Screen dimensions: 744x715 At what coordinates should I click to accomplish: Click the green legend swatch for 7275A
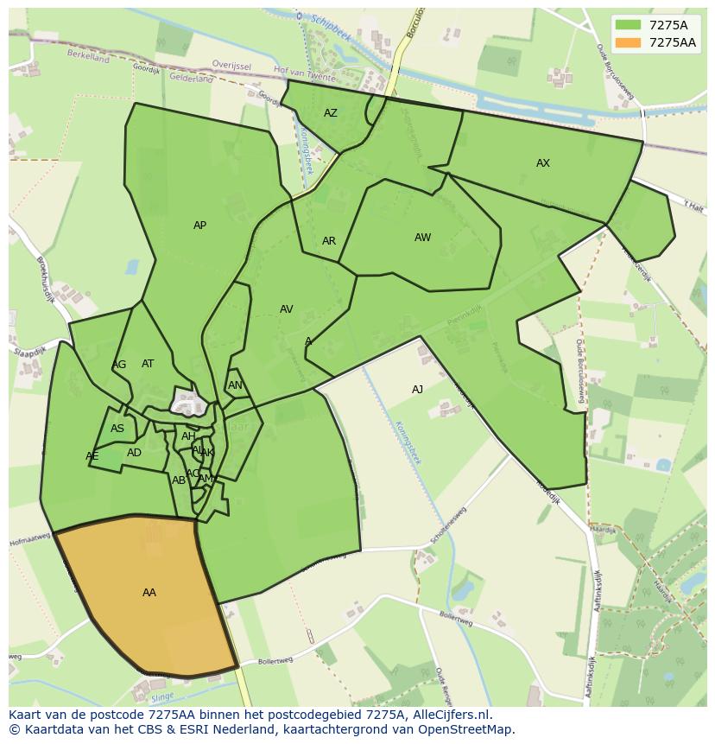tap(628, 25)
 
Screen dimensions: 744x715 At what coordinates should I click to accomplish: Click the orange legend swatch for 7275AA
tap(628, 42)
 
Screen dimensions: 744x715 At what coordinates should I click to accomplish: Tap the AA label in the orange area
tap(149, 593)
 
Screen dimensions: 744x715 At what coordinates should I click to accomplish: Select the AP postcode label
tap(199, 226)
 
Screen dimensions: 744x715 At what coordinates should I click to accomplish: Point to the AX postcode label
tap(543, 163)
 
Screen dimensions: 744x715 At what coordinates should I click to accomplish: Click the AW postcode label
tap(422, 238)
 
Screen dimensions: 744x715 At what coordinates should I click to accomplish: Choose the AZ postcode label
tap(331, 113)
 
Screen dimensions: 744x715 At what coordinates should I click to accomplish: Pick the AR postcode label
tap(329, 241)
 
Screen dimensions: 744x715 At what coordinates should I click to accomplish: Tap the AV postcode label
tap(287, 309)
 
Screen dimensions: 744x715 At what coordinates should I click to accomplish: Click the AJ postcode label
tap(417, 390)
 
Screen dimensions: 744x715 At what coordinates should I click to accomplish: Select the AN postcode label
tap(235, 385)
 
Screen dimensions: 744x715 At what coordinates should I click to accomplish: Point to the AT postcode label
tap(148, 364)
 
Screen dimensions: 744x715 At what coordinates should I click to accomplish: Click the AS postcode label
tap(117, 429)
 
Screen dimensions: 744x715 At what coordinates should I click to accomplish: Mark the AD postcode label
tap(134, 453)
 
